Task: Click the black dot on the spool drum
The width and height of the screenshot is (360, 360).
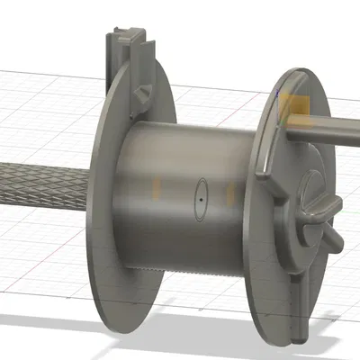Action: click(201, 192)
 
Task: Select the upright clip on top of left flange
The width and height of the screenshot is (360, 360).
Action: click(123, 58)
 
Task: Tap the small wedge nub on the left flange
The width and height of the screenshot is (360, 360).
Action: click(142, 92)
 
